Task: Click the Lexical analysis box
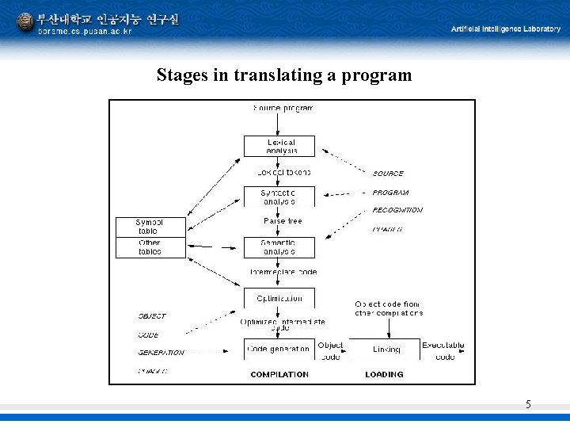click(x=279, y=147)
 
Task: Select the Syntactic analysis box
click(x=279, y=197)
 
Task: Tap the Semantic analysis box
click(x=279, y=247)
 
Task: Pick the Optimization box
click(x=279, y=299)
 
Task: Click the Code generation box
click(x=279, y=349)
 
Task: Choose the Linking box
click(x=386, y=349)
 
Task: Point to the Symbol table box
click(x=150, y=227)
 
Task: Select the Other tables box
click(x=150, y=247)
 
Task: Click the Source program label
click(x=283, y=108)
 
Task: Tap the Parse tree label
click(x=283, y=221)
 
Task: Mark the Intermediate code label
click(x=283, y=272)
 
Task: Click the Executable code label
click(x=443, y=351)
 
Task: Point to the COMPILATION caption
click(x=279, y=374)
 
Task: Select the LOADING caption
click(x=385, y=374)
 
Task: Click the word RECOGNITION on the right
click(x=397, y=211)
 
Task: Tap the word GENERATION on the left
click(x=161, y=353)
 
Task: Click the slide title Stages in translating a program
click(x=284, y=75)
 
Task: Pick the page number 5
click(x=528, y=405)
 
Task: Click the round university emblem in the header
click(x=25, y=22)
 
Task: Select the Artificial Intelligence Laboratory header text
click(x=506, y=29)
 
